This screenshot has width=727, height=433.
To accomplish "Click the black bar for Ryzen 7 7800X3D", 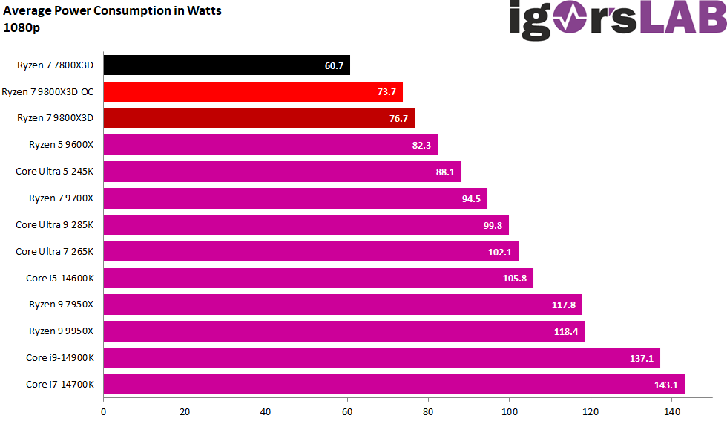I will coord(226,65).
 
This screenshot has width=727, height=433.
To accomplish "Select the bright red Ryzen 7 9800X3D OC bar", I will coord(252,92).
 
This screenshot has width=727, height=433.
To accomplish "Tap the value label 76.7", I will coord(399,119).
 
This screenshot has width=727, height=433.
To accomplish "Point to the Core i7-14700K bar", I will coord(393,385).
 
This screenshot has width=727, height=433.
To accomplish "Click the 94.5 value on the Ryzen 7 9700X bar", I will coord(472,198).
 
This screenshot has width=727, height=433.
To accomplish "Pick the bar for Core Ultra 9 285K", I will coord(306,225).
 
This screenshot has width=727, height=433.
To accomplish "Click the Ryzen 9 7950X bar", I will coord(342,305).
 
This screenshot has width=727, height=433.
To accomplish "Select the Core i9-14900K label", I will coord(60,358).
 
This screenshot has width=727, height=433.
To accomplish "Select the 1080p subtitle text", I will coord(22,27).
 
